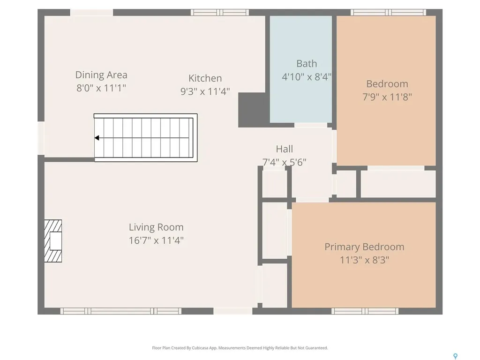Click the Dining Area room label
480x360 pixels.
point(101,75)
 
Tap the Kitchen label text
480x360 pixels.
point(205,78)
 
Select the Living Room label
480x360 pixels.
point(156,227)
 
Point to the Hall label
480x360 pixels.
point(285,149)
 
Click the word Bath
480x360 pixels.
point(307,64)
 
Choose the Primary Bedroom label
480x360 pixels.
point(364,247)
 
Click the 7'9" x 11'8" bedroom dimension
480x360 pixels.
point(387,97)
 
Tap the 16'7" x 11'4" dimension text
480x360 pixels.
point(156,240)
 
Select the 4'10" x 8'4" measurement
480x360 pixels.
point(307,76)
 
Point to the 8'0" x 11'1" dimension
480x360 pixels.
point(101,88)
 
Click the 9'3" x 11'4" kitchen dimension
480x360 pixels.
point(205,91)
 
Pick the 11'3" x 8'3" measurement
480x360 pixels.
point(364,260)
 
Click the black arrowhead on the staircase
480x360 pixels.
point(97,138)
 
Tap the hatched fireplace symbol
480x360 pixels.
point(53,241)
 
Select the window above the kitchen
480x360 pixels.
point(220,12)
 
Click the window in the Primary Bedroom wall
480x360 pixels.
point(365,311)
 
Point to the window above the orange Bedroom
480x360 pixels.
point(388,12)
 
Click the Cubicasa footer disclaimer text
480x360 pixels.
point(240,348)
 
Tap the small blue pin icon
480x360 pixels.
point(456,356)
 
